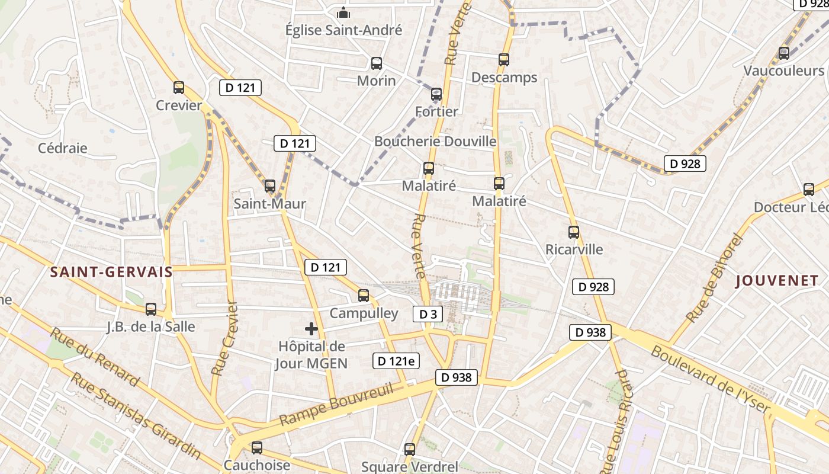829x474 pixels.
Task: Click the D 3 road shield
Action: (428, 314)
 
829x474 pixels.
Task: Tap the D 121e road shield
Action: (396, 360)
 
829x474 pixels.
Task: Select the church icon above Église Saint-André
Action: (343, 12)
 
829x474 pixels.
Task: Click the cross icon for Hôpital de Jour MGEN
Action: (311, 329)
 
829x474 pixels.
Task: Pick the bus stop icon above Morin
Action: (377, 63)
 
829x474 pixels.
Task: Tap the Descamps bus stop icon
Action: (504, 60)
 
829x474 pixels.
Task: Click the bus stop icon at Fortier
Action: (436, 94)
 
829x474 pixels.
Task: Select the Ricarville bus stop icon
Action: (573, 232)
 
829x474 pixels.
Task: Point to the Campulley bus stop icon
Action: (364, 296)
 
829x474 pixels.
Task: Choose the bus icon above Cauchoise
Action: (257, 448)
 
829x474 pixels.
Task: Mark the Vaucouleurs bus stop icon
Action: (784, 53)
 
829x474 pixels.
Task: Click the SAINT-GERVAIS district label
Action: (111, 272)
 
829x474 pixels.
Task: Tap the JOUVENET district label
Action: (777, 281)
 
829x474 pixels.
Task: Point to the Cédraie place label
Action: (63, 148)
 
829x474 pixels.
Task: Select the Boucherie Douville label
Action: (435, 141)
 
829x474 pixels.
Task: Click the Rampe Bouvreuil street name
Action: (336, 405)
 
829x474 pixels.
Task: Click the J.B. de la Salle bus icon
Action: (151, 309)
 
